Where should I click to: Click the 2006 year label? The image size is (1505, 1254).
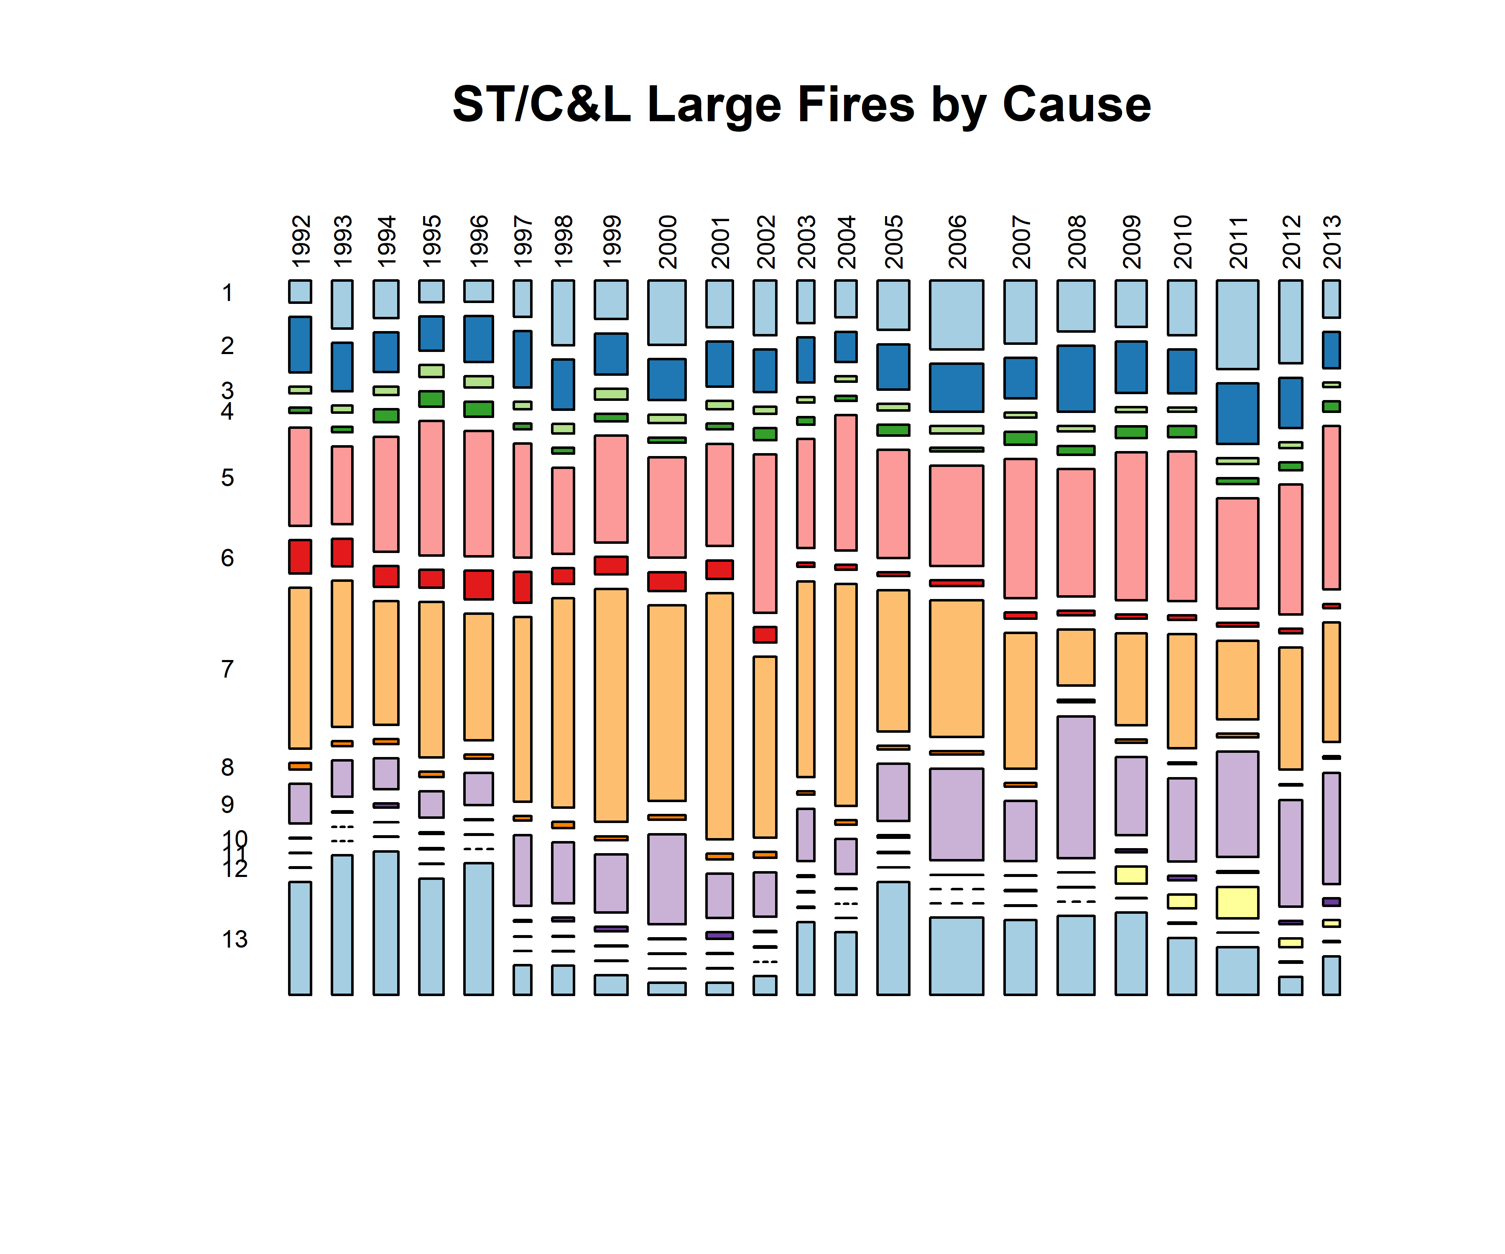957,241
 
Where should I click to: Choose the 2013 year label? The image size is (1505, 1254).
1332,241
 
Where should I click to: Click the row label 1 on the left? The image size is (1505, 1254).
227,293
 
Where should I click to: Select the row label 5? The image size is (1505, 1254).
227,477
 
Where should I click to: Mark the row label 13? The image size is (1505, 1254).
235,939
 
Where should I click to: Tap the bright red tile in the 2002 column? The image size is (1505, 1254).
765,634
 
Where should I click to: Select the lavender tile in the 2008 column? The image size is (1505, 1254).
1076,787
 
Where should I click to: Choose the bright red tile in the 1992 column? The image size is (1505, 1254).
300,556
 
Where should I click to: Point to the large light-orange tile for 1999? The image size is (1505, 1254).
611,705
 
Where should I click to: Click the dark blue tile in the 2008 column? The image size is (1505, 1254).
1076,378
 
